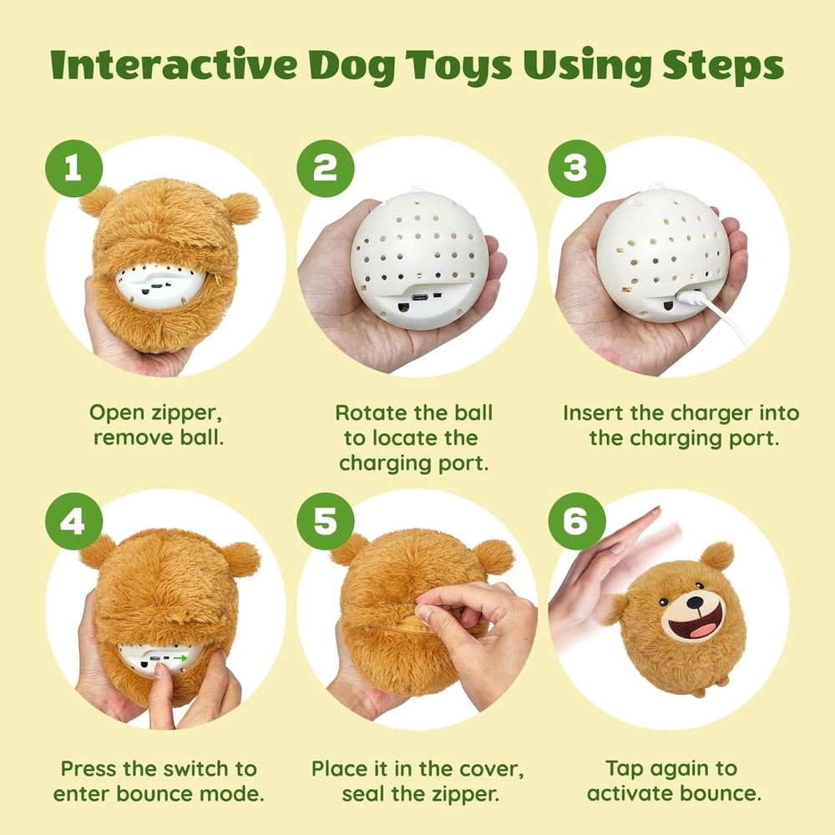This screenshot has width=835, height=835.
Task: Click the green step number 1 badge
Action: point(73,169)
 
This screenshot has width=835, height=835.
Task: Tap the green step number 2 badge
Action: point(326,169)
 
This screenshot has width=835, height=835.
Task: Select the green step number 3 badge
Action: point(577,169)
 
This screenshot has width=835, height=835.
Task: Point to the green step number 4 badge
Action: point(73,521)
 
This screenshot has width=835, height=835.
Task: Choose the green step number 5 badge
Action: point(326,521)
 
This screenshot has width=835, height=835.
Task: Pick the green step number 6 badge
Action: point(577,521)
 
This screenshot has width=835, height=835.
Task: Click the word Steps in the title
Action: point(722,66)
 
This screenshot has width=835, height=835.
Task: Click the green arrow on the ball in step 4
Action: point(181,659)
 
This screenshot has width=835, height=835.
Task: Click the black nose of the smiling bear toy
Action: point(695,602)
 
